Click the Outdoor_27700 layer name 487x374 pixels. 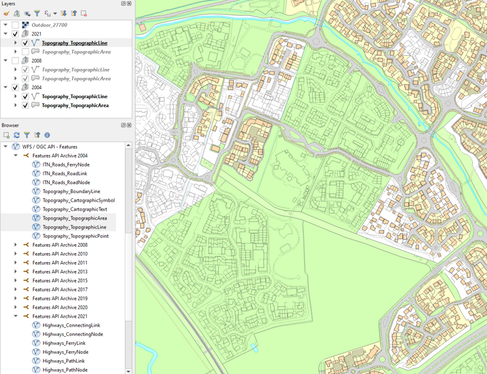point(49,25)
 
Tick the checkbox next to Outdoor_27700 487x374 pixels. point(15,25)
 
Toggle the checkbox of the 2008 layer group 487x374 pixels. point(15,61)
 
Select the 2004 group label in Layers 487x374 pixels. point(36,87)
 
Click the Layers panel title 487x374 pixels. point(8,4)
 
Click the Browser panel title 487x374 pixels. point(10,125)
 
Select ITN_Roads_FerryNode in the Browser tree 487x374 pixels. point(66,165)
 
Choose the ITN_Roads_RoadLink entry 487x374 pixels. point(65,173)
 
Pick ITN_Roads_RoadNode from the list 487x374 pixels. point(66,182)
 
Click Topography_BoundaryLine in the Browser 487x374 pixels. point(71,191)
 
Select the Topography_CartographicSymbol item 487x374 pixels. point(79,200)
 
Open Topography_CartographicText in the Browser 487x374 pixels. point(75,209)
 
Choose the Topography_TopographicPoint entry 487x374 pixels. point(75,236)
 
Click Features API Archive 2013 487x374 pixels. point(60,271)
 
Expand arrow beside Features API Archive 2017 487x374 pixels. point(16,289)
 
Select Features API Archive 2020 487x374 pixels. point(60,307)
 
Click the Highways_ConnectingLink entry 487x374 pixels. point(71,325)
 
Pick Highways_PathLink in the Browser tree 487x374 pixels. point(63,361)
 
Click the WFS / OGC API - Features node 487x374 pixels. point(49,147)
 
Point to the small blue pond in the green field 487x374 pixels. point(254,348)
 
